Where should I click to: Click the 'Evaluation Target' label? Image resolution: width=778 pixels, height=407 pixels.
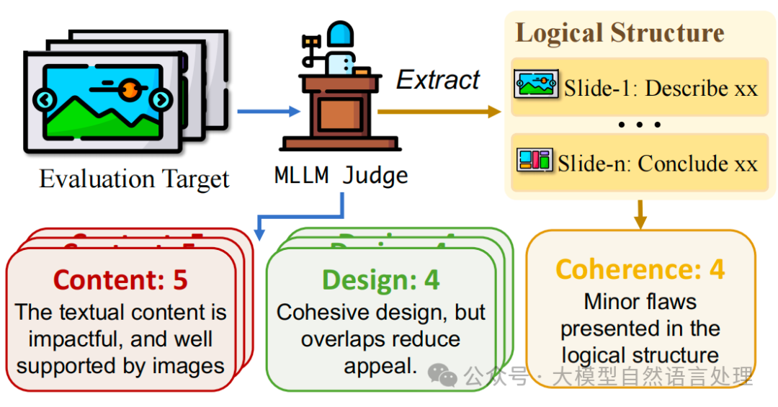(x=134, y=179)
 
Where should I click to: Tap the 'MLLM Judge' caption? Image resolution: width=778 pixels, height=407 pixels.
(x=341, y=174)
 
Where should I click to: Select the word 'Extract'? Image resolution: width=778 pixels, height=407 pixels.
(x=438, y=80)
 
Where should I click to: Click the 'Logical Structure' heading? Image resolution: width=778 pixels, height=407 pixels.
(x=620, y=33)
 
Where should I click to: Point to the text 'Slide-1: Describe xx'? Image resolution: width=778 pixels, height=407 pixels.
(x=661, y=89)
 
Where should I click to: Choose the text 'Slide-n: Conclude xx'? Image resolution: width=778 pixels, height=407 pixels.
(x=658, y=163)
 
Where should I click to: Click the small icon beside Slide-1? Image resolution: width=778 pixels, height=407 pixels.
(x=536, y=85)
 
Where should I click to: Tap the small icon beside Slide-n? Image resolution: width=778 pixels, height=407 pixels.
(x=535, y=160)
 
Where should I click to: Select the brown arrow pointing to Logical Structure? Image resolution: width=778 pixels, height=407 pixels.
(x=439, y=111)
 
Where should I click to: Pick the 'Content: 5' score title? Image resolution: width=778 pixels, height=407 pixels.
(x=120, y=279)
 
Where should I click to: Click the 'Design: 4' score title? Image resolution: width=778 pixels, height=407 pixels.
(x=380, y=279)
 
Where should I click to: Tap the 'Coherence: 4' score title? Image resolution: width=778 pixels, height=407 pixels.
(x=640, y=269)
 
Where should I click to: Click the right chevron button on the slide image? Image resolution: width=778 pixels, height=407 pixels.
(x=161, y=99)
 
